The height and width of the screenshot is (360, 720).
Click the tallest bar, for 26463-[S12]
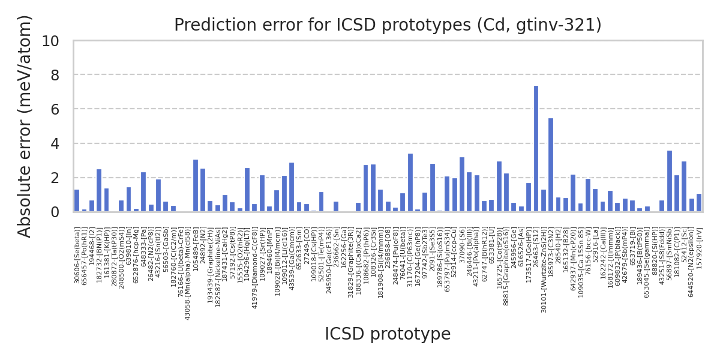click(x=536, y=149)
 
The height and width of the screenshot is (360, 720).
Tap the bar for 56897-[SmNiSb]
click(x=670, y=181)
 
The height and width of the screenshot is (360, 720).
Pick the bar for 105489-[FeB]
click(x=196, y=186)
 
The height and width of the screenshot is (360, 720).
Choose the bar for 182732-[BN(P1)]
click(x=99, y=191)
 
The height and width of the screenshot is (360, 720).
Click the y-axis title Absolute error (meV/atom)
click(x=25, y=126)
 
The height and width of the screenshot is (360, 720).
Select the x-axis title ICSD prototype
click(x=388, y=335)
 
